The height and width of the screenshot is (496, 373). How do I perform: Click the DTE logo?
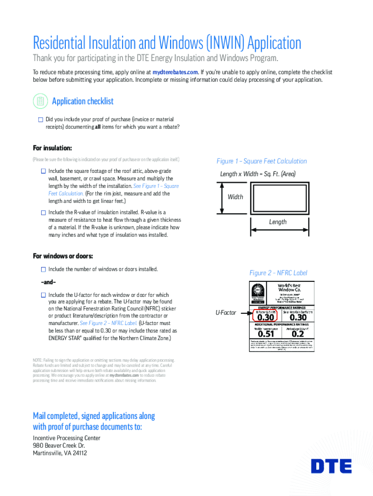(331, 466)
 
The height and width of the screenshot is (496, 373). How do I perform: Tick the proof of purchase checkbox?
(41, 119)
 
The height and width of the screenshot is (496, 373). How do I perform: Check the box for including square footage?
(44, 171)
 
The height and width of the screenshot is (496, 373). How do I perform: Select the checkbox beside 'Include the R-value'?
(44, 212)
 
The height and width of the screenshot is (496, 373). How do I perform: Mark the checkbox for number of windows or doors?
(44, 269)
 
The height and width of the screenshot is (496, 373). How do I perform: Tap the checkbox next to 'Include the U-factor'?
(44, 294)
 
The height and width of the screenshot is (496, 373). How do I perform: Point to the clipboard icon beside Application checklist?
(40, 101)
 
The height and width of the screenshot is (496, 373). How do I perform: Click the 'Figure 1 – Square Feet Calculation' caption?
(262, 161)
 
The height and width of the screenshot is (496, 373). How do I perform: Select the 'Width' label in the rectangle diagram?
(235, 197)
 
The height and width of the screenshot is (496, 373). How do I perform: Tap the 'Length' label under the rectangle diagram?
(278, 222)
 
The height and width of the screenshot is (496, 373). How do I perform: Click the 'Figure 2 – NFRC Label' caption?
(278, 273)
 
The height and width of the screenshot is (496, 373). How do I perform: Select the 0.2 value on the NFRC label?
(298, 334)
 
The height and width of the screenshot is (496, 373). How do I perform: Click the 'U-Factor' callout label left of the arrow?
(226, 313)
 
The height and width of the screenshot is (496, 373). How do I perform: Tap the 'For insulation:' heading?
(52, 148)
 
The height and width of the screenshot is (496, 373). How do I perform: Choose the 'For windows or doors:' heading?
(63, 256)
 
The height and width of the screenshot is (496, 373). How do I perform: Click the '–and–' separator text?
(48, 282)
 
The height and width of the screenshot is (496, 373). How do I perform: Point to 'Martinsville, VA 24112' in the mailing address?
(60, 453)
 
